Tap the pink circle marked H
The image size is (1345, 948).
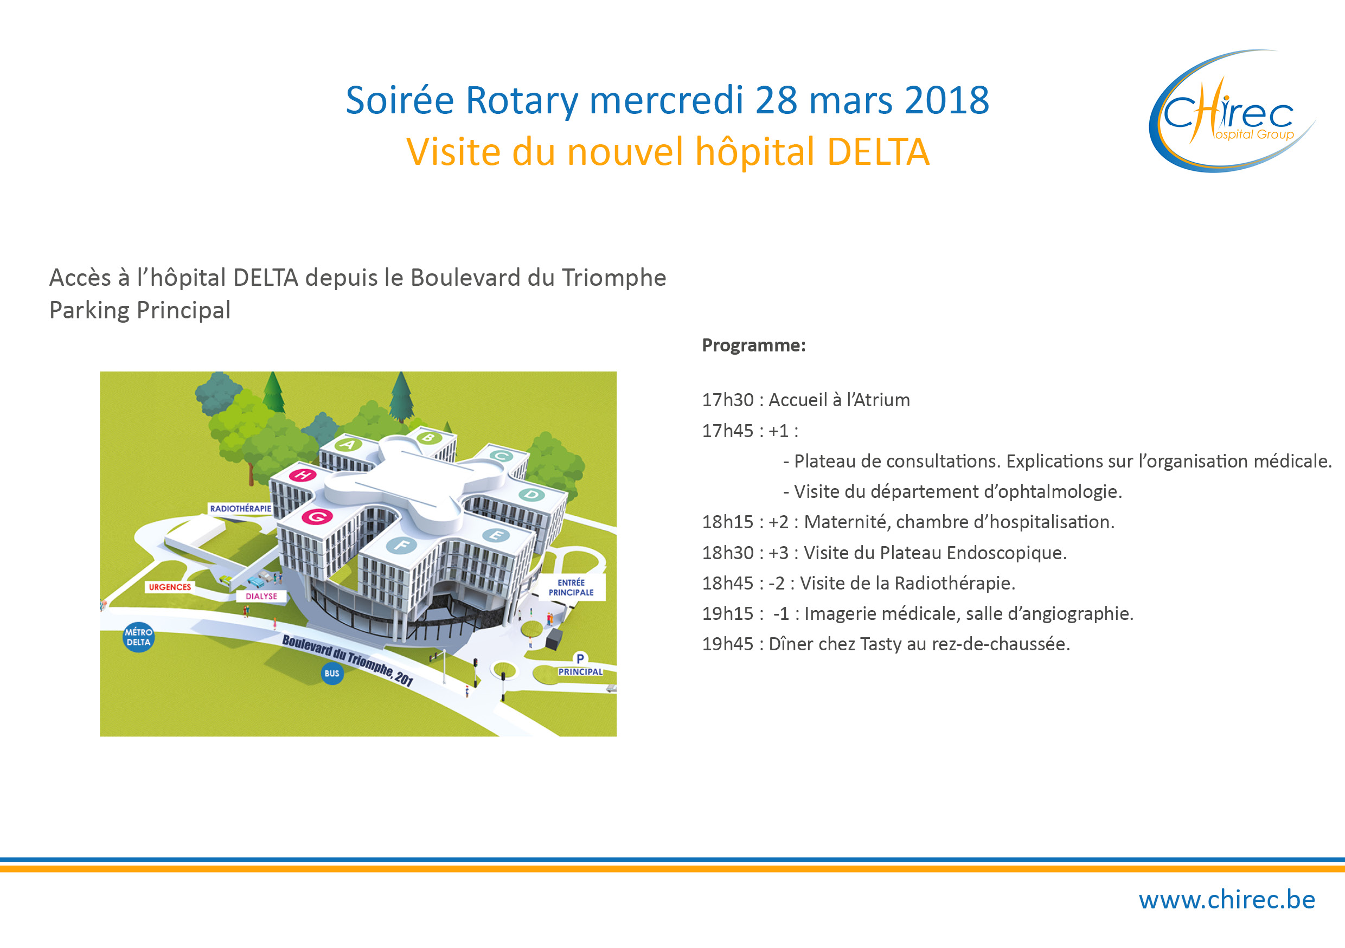point(302,475)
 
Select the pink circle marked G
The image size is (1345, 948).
point(317,517)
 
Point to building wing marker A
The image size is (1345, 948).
point(349,445)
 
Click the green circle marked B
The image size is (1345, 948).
point(429,437)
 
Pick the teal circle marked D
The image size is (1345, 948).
point(531,495)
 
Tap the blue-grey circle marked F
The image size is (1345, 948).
point(401,546)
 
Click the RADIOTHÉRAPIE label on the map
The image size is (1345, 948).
point(241,509)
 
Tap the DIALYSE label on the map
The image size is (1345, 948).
point(261,597)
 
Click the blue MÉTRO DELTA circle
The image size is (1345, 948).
point(138,637)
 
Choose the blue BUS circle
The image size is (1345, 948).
point(332,673)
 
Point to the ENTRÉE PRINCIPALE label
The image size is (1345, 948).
point(571,588)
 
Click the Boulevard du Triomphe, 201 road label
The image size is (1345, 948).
point(348,659)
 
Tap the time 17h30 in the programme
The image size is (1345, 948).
point(728,400)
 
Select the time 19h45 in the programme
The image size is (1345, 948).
point(728,644)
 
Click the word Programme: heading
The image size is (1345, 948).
point(754,345)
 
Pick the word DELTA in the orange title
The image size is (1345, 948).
point(878,152)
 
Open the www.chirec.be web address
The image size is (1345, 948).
point(1227,900)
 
